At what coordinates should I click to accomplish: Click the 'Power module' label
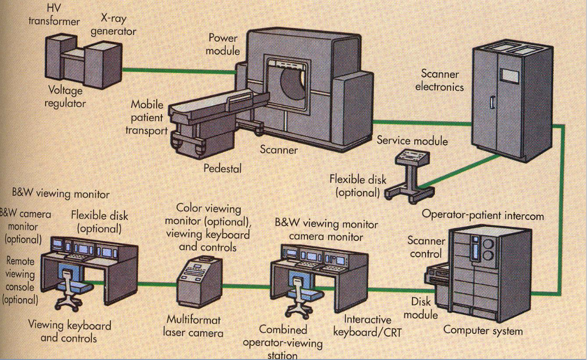[223, 44]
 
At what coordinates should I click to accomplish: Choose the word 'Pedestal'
[222, 168]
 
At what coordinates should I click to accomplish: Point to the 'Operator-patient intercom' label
[483, 215]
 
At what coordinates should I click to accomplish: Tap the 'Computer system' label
[483, 330]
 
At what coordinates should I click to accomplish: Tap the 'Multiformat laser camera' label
[193, 325]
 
